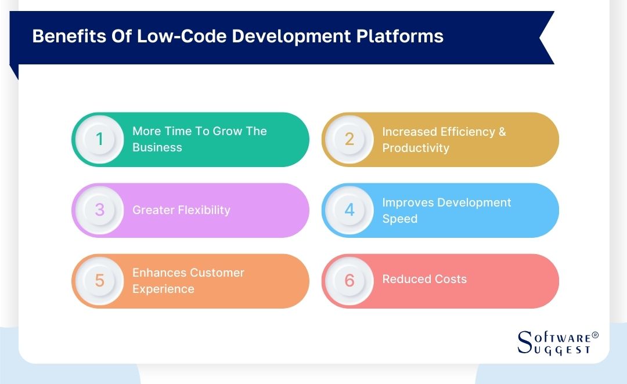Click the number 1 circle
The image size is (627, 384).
click(100, 139)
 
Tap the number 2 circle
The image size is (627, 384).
click(349, 139)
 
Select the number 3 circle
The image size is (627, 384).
click(100, 210)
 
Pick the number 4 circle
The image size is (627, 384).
click(349, 210)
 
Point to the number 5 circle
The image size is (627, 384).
click(100, 281)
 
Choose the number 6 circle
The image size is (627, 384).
click(349, 281)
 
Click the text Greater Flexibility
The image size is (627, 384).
click(181, 210)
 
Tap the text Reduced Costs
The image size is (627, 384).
click(424, 279)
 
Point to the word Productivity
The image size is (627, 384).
click(415, 148)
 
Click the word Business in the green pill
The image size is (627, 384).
click(157, 147)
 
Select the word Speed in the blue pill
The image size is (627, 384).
click(399, 219)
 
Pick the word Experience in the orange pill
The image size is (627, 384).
click(163, 289)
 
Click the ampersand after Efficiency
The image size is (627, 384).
click(502, 132)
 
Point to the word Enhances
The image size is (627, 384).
click(158, 273)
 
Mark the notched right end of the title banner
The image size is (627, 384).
click(546, 38)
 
